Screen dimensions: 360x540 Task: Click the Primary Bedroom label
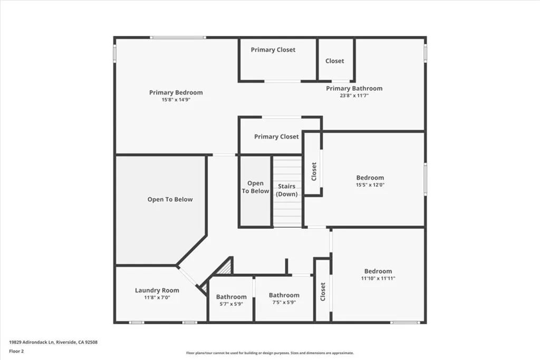[x=176, y=93]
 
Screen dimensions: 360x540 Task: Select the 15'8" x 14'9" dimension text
[x=176, y=100]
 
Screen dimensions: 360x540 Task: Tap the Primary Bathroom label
[x=354, y=89]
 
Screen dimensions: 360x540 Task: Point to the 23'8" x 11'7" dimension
[x=354, y=95]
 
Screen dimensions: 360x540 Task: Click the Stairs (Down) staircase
[x=287, y=190]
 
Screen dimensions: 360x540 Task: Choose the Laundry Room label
[x=157, y=290]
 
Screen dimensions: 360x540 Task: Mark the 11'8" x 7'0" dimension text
[x=157, y=297]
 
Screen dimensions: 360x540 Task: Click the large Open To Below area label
[x=170, y=200]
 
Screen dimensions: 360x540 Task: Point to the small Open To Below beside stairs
[x=255, y=187]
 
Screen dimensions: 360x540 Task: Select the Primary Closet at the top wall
[x=273, y=50]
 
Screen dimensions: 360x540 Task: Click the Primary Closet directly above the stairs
[x=276, y=137]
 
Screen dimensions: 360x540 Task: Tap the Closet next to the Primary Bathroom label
[x=334, y=61]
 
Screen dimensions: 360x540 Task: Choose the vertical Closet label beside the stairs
[x=314, y=171]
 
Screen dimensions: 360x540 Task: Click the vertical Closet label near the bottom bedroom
[x=322, y=292]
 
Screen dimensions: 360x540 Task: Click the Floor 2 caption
[x=17, y=351]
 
